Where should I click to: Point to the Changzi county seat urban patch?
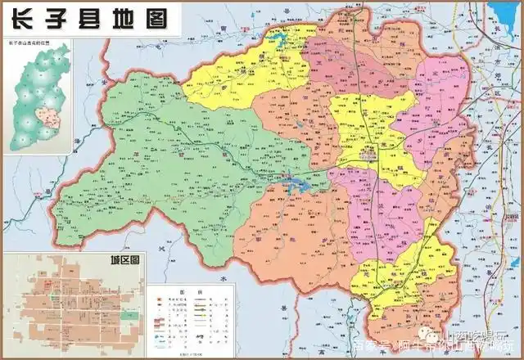tap(370, 154)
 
